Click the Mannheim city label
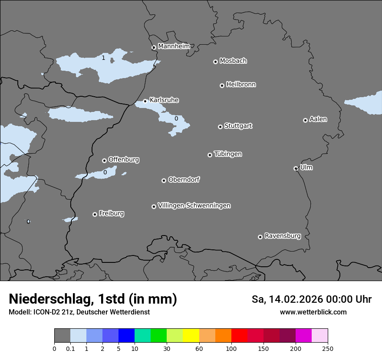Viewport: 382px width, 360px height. (x=174, y=46)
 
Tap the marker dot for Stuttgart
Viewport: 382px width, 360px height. (x=220, y=127)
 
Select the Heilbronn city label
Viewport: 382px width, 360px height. (x=241, y=85)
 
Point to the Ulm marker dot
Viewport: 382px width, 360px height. (x=296, y=168)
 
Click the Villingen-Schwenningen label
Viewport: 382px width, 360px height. (x=194, y=206)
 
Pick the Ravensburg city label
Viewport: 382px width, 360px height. (x=282, y=236)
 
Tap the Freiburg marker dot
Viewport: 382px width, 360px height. (x=95, y=214)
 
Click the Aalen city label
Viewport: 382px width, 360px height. (x=318, y=119)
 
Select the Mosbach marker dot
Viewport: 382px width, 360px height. (x=215, y=62)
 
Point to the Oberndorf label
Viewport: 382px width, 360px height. (x=184, y=180)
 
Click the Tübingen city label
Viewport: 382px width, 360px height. (x=228, y=154)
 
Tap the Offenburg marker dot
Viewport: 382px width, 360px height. (x=104, y=160)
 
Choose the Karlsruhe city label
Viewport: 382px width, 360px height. (x=164, y=100)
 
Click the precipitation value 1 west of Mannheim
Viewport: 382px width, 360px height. (x=103, y=58)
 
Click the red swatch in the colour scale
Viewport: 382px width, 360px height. (x=239, y=336)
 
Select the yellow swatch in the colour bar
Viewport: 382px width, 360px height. (x=191, y=336)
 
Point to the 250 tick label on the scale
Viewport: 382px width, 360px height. (x=327, y=349)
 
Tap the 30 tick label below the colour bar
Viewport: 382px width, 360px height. (x=167, y=349)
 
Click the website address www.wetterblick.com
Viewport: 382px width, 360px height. (x=313, y=312)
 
